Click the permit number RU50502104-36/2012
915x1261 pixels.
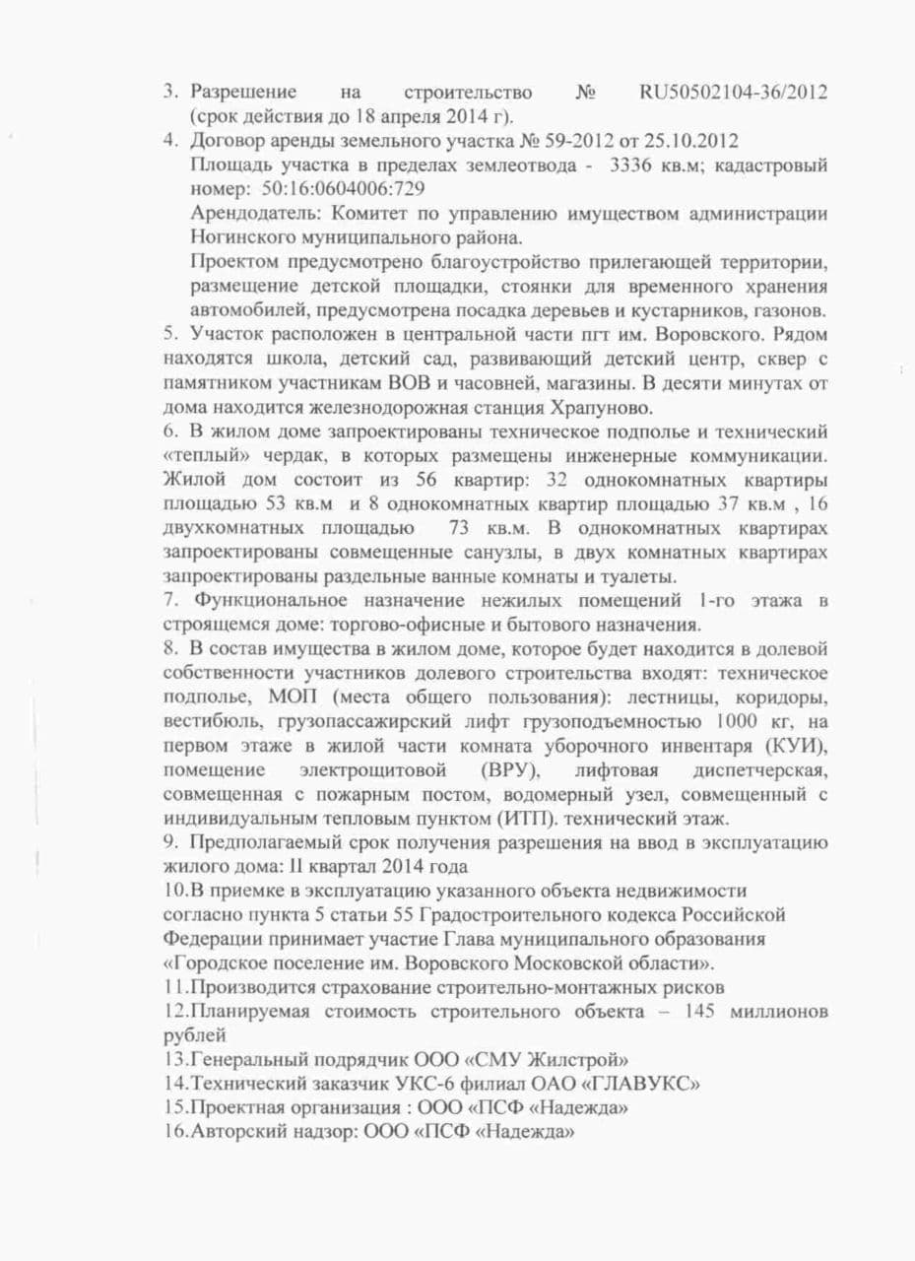click(x=733, y=93)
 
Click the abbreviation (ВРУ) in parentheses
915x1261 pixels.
click(x=512, y=767)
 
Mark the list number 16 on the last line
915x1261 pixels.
click(x=174, y=1132)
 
